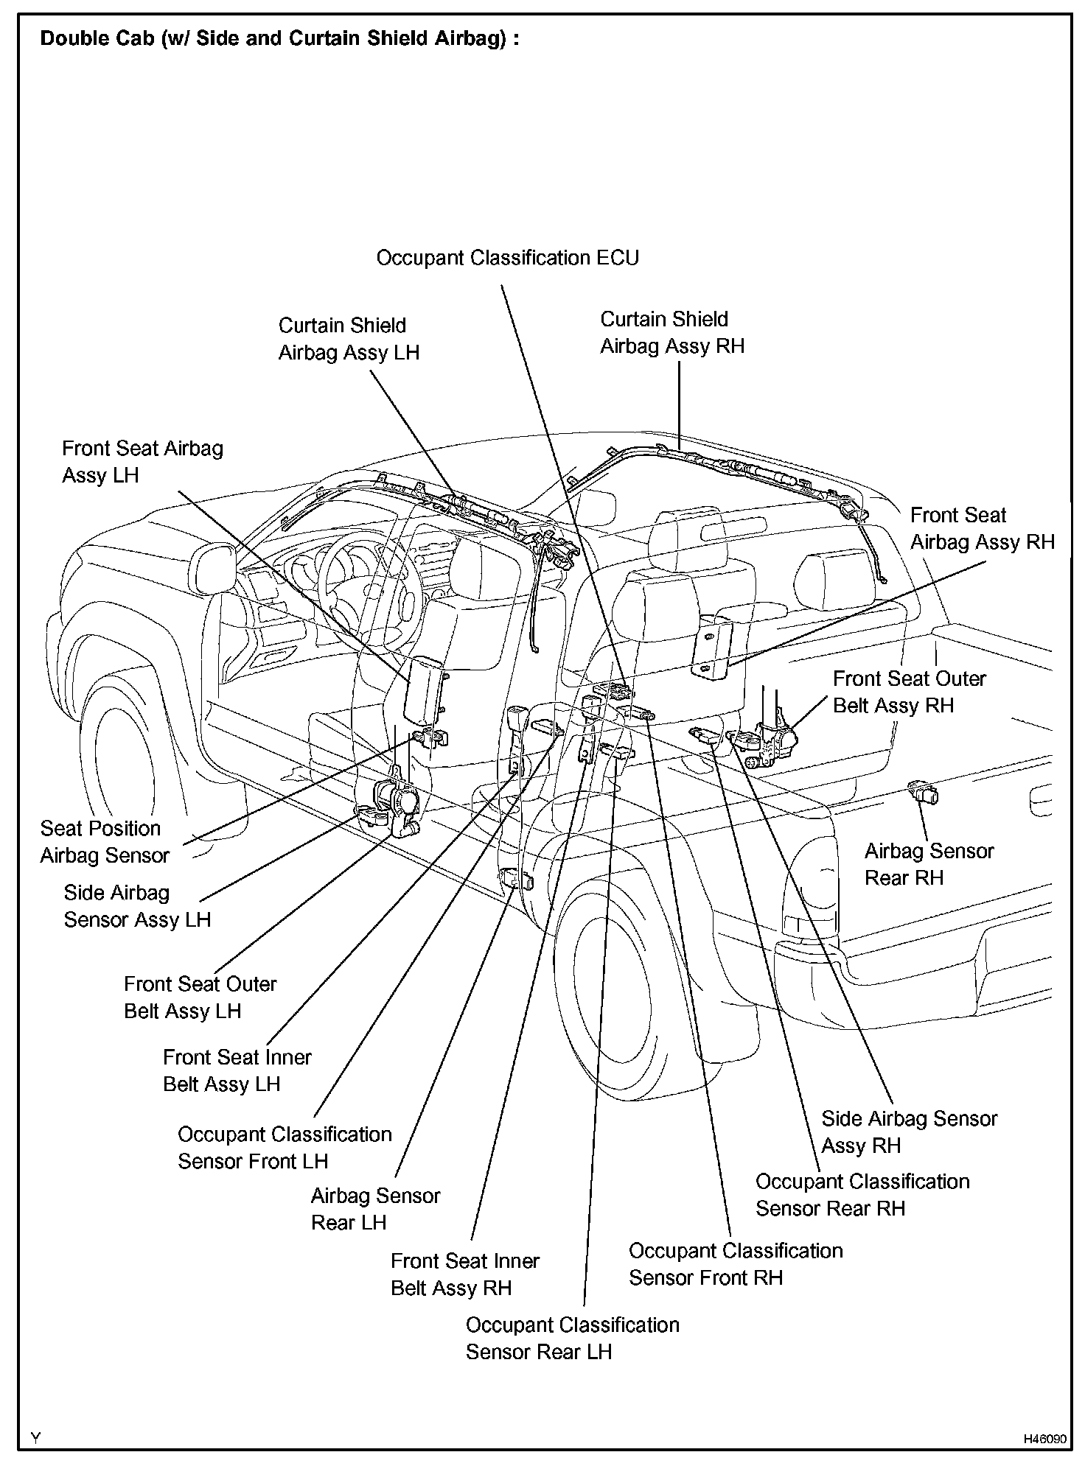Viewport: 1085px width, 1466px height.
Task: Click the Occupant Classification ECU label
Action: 507,259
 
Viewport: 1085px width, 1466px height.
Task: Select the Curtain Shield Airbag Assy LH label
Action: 348,339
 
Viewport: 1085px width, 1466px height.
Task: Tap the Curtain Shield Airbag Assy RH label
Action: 671,333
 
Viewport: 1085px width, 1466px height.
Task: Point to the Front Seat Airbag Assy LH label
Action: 142,462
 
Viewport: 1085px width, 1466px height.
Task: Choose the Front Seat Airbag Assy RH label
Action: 982,529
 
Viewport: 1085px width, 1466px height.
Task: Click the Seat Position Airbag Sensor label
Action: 104,842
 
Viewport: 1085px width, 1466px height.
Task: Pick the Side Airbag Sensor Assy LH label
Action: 137,906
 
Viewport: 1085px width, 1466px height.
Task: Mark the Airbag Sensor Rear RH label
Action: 928,864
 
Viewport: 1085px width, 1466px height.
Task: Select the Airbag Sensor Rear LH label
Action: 374,1209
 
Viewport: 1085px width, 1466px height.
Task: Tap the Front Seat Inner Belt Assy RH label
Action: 464,1274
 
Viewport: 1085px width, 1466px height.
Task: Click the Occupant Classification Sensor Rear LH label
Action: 572,1339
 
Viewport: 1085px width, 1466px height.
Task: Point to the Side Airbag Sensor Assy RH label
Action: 908,1132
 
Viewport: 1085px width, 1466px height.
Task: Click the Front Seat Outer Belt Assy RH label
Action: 909,692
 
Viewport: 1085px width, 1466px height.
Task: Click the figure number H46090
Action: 1044,1439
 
